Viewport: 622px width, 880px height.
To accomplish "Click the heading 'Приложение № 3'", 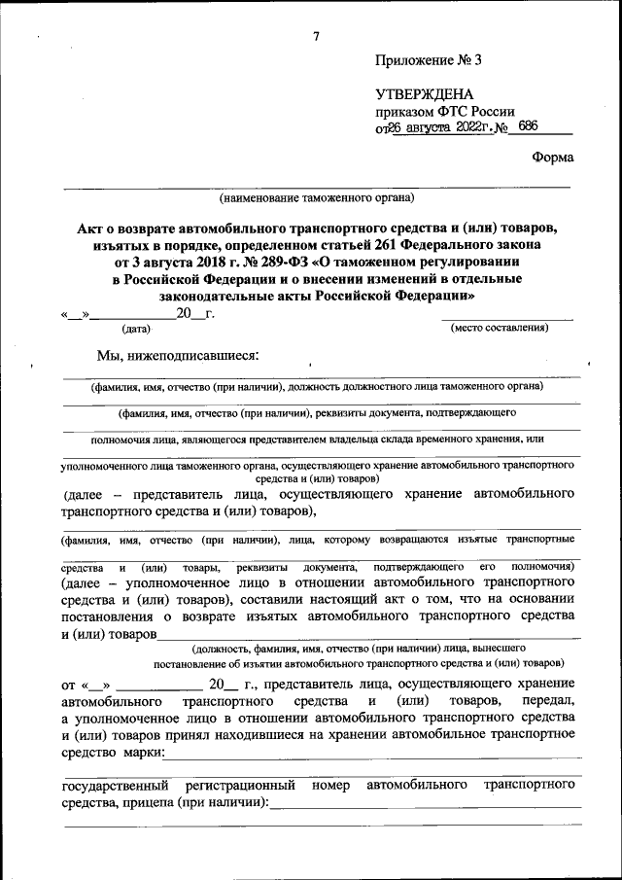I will (x=428, y=60).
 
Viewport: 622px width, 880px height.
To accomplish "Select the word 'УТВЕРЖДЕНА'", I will (x=424, y=94).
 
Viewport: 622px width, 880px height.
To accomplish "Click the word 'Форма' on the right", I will (x=553, y=158).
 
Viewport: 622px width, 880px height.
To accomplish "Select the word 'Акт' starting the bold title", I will (x=89, y=228).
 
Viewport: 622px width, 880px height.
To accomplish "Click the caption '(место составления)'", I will (x=500, y=328).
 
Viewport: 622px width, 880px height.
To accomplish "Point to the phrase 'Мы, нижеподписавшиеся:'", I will (x=178, y=357).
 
